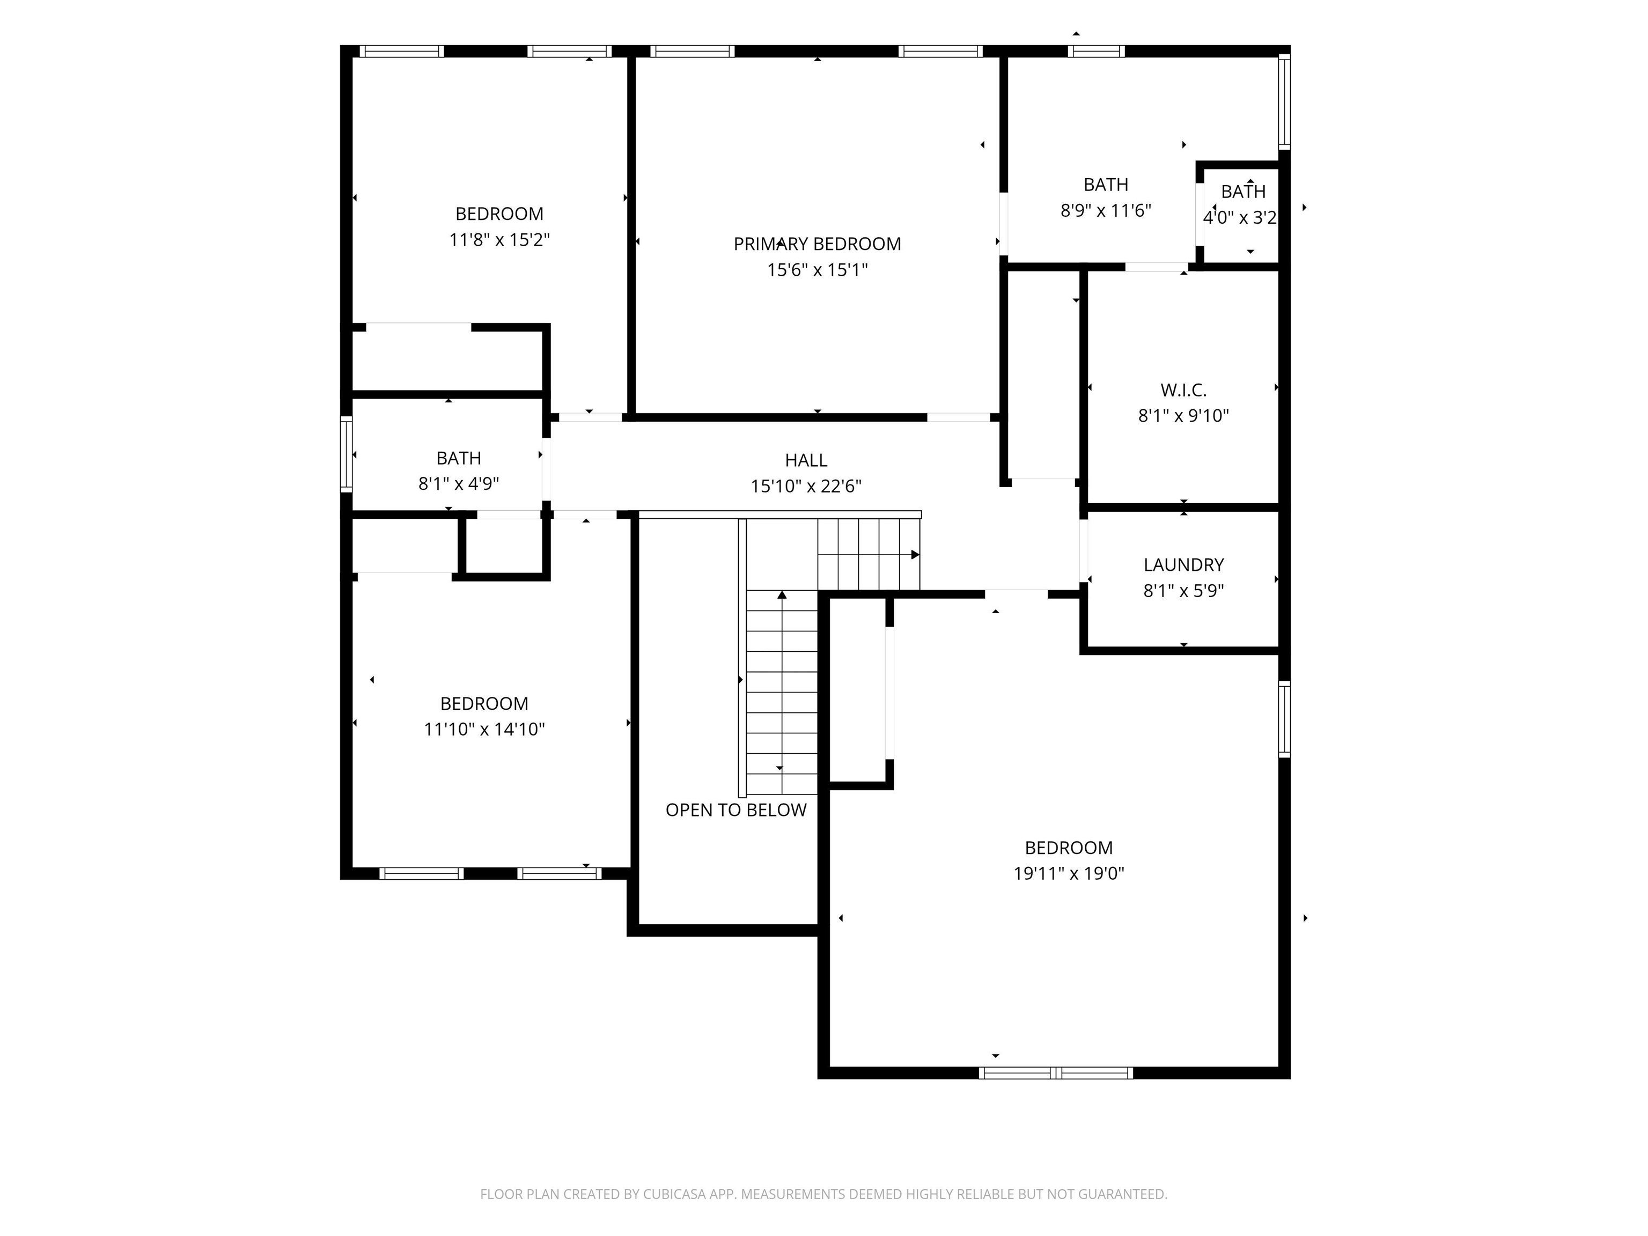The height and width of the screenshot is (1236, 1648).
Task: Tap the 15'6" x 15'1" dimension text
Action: pos(818,270)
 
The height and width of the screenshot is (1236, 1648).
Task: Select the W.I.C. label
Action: pos(1183,389)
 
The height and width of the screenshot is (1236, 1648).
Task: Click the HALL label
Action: pos(806,460)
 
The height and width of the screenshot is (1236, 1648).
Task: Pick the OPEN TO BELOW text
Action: pos(736,810)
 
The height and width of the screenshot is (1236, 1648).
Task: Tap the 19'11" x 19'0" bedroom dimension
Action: pos(1069,873)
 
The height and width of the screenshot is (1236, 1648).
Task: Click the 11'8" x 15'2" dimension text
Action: pos(499,240)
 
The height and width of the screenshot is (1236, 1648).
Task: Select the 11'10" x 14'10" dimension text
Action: pos(484,730)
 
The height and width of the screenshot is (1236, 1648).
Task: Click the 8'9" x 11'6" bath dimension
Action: pos(1106,211)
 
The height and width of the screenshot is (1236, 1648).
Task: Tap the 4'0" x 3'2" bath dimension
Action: pos(1240,218)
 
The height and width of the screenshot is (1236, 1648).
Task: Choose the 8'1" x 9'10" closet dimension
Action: pos(1183,416)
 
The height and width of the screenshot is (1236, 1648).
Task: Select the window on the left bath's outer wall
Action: pos(347,454)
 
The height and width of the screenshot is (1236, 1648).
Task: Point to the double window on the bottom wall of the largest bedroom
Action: pos(1056,1073)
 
